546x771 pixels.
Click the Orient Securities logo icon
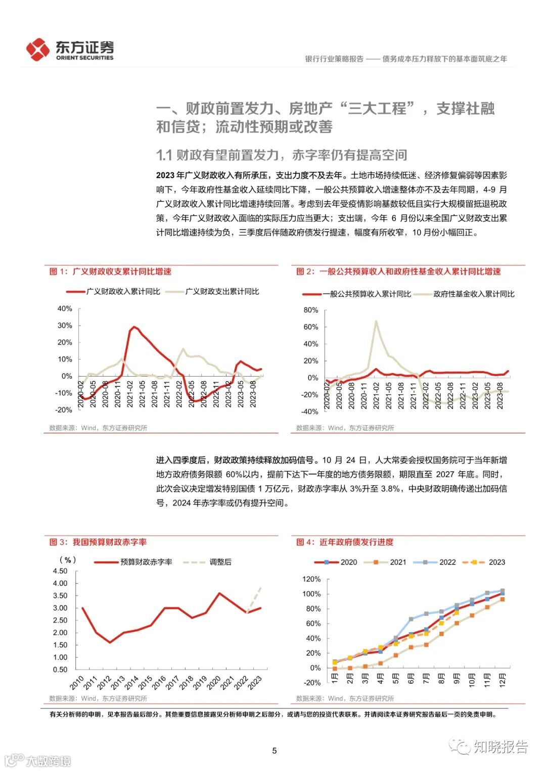tap(38, 49)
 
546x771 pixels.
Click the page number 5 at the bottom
tap(275, 750)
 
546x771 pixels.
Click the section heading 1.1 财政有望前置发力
tap(282, 155)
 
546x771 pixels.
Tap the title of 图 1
tap(110, 272)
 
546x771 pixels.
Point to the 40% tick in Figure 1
tap(65, 309)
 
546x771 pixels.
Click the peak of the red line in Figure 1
tap(134, 327)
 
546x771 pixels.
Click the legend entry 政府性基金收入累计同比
tap(474, 294)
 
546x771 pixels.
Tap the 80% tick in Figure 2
tap(311, 310)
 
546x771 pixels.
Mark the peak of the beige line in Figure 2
tap(376, 320)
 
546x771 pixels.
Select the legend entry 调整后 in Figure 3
tap(220, 562)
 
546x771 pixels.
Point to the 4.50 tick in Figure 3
tap(60, 571)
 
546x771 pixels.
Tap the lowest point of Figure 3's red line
tap(110, 642)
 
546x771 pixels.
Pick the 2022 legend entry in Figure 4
tap(447, 562)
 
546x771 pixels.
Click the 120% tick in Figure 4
tap(311, 579)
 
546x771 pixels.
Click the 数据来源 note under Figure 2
tap(345, 428)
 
